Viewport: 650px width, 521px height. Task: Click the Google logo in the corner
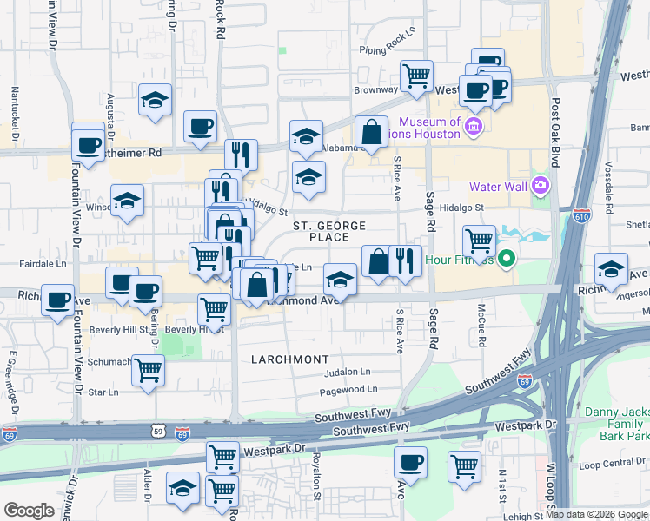28,511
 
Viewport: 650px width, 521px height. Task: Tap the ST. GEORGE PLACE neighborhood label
326,231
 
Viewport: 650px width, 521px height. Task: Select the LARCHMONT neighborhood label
290,359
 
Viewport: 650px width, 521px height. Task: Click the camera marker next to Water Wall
541,186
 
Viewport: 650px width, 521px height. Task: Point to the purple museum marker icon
474,129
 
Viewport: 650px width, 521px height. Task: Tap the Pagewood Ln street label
348,390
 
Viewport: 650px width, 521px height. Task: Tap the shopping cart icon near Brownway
417,75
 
